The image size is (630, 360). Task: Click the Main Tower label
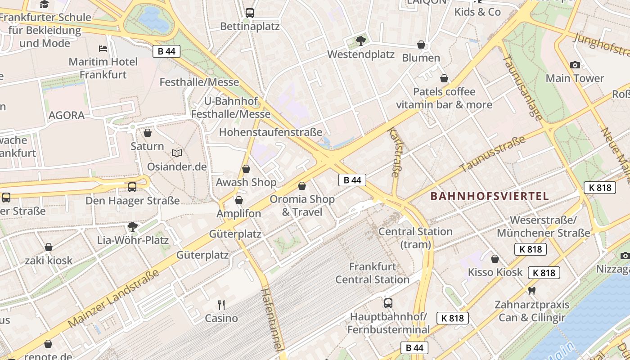(x=575, y=78)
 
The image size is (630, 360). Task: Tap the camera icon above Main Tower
(x=575, y=65)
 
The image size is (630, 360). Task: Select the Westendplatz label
(x=360, y=54)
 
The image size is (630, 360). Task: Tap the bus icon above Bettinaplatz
(x=250, y=13)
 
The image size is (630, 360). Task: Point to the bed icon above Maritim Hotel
(x=103, y=48)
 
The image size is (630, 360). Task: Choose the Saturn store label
(x=147, y=146)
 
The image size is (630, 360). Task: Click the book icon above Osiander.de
(x=177, y=153)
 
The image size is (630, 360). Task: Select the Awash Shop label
(x=246, y=182)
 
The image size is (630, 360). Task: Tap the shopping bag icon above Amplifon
(x=239, y=200)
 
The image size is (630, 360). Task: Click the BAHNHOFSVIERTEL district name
(x=490, y=196)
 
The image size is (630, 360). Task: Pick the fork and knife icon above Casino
(x=221, y=305)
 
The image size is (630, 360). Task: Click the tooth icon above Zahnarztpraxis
(x=532, y=291)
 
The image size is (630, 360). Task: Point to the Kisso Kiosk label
(x=495, y=272)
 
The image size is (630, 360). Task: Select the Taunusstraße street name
(x=492, y=154)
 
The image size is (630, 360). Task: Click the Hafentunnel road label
(x=273, y=319)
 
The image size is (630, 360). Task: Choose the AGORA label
(x=67, y=115)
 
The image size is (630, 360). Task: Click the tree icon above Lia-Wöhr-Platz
(x=132, y=226)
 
